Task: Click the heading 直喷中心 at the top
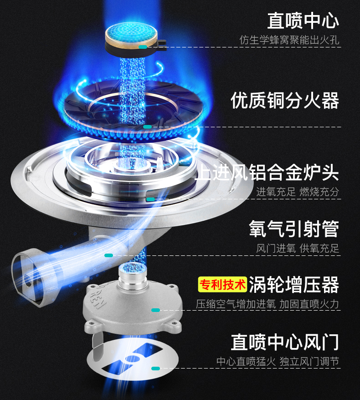click(x=303, y=21)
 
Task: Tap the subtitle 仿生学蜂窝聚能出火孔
click(x=289, y=40)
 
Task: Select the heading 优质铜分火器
click(x=285, y=100)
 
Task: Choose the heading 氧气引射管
click(x=294, y=229)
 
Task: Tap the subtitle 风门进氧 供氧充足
click(x=298, y=249)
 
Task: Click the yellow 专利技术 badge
click(x=222, y=285)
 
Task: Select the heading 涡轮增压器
click(x=294, y=285)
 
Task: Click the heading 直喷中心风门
click(x=285, y=342)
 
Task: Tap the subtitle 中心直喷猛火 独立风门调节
click(x=278, y=362)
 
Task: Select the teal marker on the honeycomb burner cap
click(x=143, y=47)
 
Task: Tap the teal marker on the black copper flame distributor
click(x=147, y=126)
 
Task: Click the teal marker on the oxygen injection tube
click(x=108, y=255)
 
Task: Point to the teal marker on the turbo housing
click(x=155, y=310)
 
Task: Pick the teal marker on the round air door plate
click(x=155, y=368)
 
